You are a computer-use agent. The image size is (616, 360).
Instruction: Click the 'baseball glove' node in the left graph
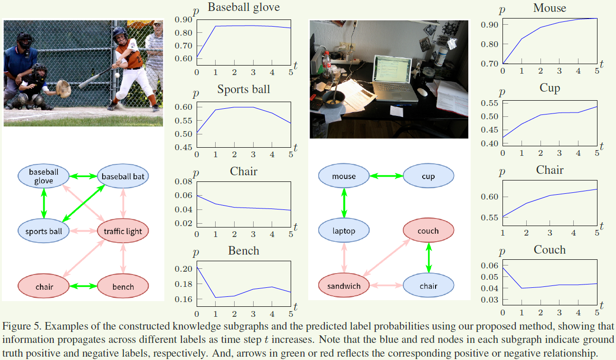click(44, 176)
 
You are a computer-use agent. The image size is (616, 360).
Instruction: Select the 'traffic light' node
click(123, 231)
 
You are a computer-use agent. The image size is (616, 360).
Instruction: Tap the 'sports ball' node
click(43, 231)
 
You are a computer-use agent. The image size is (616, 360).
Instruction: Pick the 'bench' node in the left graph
click(123, 286)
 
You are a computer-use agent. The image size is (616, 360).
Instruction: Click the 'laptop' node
click(344, 231)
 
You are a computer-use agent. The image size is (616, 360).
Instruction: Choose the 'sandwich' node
click(344, 286)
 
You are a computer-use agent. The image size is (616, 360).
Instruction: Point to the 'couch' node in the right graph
click(428, 231)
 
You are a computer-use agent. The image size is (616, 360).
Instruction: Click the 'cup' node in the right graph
click(428, 176)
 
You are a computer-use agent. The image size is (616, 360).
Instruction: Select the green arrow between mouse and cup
click(386, 176)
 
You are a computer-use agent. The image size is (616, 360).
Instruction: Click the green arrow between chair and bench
click(83, 286)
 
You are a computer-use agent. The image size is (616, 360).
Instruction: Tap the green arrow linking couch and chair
click(428, 258)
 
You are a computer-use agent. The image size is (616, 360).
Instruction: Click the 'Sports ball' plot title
click(244, 89)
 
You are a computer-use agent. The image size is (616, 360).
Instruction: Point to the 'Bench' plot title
click(244, 250)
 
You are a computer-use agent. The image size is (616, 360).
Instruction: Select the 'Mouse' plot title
click(550, 8)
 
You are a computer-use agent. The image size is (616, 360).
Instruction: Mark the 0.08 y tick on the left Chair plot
click(184, 181)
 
